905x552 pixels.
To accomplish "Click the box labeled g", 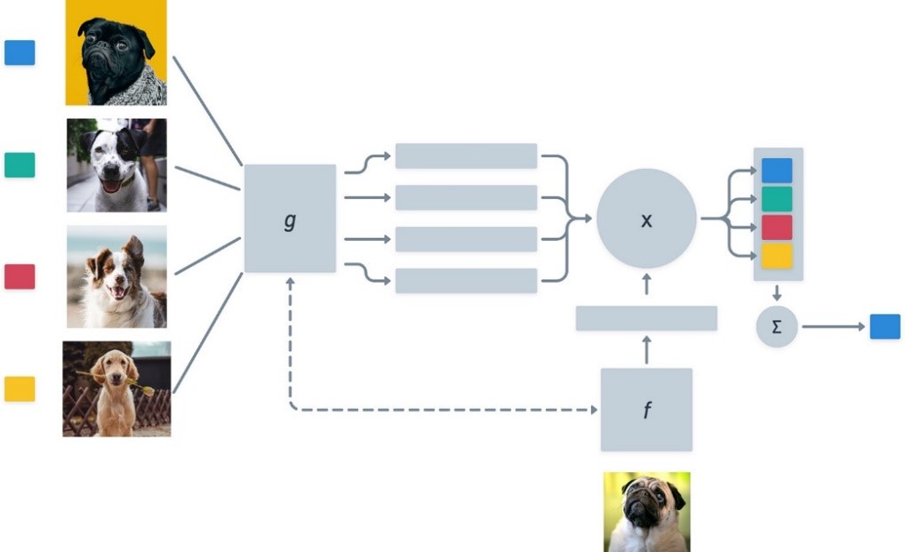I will (x=290, y=219).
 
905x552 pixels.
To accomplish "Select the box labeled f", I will (x=645, y=410).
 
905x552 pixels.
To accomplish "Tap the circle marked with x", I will (x=646, y=219).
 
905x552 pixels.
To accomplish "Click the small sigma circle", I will (x=777, y=327).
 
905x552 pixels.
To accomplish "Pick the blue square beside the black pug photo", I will (x=20, y=52).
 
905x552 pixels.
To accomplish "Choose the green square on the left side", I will (x=20, y=164).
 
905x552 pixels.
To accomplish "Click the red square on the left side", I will (x=20, y=276).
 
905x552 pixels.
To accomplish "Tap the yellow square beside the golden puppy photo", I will (x=20, y=388).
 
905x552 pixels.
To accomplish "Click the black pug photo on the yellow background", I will (x=116, y=52).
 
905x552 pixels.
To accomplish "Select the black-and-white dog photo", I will (x=116, y=165).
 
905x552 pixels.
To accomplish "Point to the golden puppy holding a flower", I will (x=116, y=388).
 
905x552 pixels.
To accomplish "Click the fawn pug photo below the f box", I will (x=646, y=512).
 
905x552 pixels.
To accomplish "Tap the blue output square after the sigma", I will (x=885, y=327).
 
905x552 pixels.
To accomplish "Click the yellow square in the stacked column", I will (x=777, y=256).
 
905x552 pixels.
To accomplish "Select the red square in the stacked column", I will (x=777, y=228).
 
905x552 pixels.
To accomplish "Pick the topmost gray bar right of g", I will (x=466, y=156).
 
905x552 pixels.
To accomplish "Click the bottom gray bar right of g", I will (x=466, y=281).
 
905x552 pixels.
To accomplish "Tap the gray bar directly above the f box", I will (x=646, y=318).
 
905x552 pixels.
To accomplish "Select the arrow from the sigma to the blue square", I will (x=833, y=327).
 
